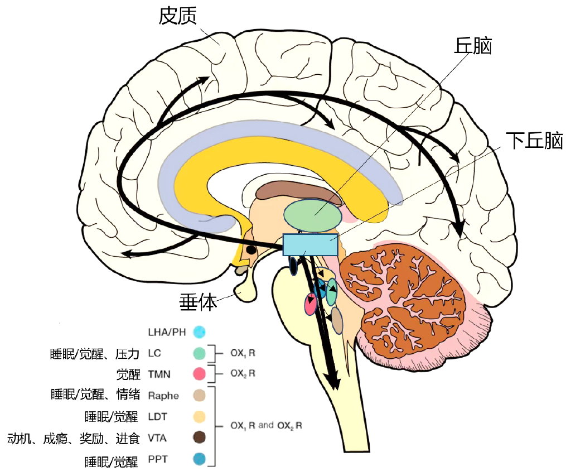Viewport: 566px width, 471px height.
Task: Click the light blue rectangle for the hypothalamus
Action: tap(311, 244)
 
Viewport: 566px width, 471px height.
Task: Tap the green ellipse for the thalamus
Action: tap(313, 215)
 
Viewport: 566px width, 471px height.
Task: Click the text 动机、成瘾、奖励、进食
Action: tap(74, 439)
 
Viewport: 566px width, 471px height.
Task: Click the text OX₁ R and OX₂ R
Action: tap(266, 426)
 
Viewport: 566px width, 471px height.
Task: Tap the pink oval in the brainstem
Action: tap(311, 304)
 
